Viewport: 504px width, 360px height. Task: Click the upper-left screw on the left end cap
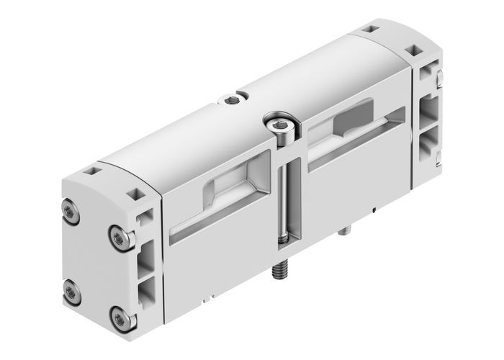pos(69,211)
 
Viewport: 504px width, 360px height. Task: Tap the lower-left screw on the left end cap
pos(70,290)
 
